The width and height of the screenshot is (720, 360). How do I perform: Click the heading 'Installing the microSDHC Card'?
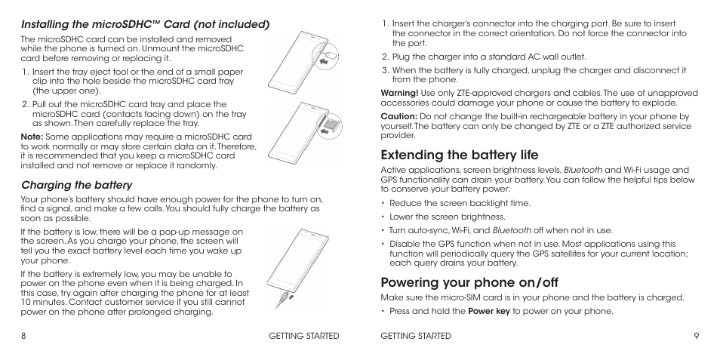point(145,24)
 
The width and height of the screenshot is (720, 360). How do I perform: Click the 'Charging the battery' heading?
point(76,185)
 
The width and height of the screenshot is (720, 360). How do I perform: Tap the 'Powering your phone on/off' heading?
point(469,282)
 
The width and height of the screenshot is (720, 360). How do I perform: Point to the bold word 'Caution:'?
point(398,117)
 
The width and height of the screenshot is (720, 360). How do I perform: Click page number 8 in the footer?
point(23,336)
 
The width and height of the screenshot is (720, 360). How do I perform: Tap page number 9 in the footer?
point(696,336)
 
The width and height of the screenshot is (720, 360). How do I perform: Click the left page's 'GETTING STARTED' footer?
point(304,336)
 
